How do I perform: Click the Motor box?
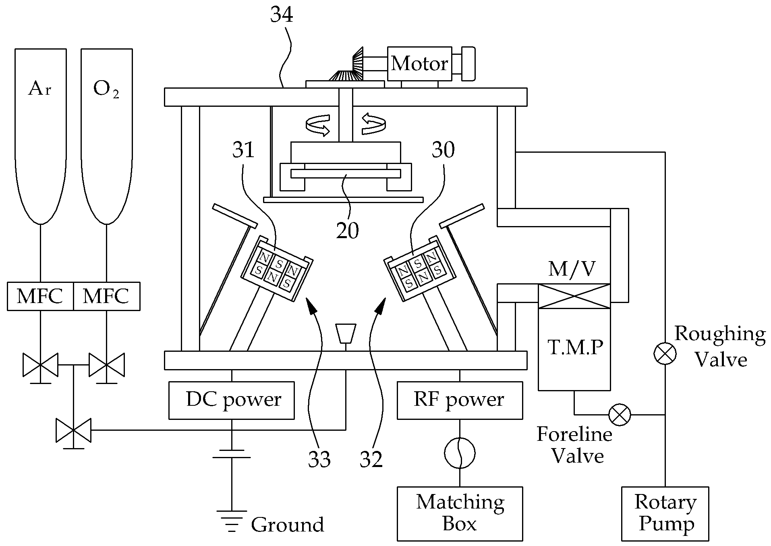click(x=419, y=64)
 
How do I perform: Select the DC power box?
click(x=232, y=401)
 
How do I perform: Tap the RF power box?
click(x=460, y=401)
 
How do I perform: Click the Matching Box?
click(x=460, y=513)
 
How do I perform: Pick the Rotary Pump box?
click(x=665, y=513)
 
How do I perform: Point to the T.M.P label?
click(x=575, y=347)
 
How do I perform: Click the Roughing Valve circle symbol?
click(x=665, y=353)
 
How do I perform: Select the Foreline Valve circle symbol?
click(x=620, y=414)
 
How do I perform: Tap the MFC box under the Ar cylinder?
click(x=40, y=296)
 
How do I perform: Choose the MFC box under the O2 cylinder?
click(x=107, y=296)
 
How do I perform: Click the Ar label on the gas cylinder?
click(x=39, y=88)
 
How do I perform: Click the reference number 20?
click(x=348, y=230)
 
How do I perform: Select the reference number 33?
click(x=319, y=459)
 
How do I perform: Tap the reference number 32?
click(x=371, y=459)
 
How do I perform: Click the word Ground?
click(x=287, y=525)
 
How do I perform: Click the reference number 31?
click(x=244, y=149)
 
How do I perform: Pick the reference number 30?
click(x=443, y=149)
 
